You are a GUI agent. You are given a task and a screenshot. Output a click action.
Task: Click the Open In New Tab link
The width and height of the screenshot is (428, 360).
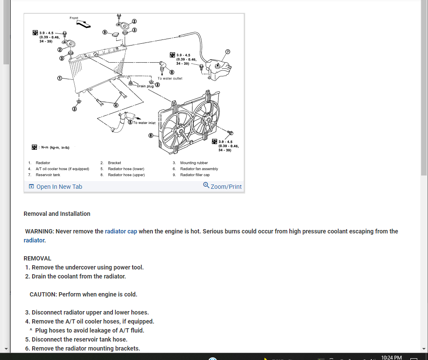(x=55, y=187)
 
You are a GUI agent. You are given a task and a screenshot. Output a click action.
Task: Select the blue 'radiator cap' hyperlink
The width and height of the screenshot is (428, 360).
(x=121, y=231)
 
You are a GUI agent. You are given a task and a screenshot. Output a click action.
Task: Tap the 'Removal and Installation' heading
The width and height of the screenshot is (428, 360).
(x=57, y=214)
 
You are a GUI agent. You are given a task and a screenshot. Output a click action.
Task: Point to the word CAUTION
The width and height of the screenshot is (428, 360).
(x=43, y=294)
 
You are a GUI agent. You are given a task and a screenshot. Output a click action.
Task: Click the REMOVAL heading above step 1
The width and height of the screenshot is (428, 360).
(x=37, y=258)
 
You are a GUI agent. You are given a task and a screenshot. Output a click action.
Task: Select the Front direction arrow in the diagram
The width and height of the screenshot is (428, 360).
(x=83, y=24)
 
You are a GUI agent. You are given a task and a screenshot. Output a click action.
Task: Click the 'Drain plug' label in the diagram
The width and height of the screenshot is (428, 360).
(x=145, y=86)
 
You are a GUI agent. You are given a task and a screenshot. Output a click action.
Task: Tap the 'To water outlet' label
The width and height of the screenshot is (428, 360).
(x=170, y=79)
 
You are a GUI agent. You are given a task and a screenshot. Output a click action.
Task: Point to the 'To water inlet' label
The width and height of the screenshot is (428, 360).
(x=144, y=123)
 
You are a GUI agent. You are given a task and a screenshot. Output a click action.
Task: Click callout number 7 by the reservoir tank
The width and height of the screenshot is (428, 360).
(x=228, y=52)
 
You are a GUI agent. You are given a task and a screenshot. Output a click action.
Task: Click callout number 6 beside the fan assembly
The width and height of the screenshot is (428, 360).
(x=151, y=136)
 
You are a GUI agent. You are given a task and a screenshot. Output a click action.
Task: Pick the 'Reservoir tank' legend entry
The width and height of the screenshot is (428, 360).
(x=48, y=175)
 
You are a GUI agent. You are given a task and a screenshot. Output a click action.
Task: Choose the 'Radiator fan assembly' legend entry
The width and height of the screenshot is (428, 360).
(x=199, y=169)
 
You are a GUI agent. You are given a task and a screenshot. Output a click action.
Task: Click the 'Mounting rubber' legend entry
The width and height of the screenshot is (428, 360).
(x=194, y=163)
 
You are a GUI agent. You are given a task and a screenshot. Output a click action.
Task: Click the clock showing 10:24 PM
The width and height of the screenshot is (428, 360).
(x=391, y=357)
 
